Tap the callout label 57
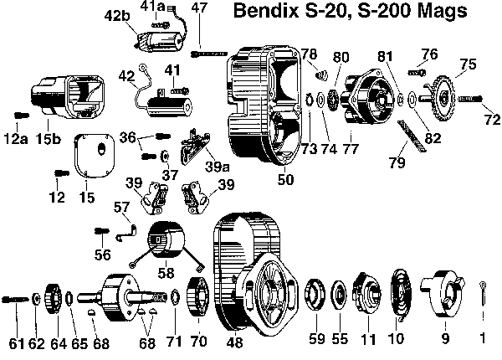tap(122, 206)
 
